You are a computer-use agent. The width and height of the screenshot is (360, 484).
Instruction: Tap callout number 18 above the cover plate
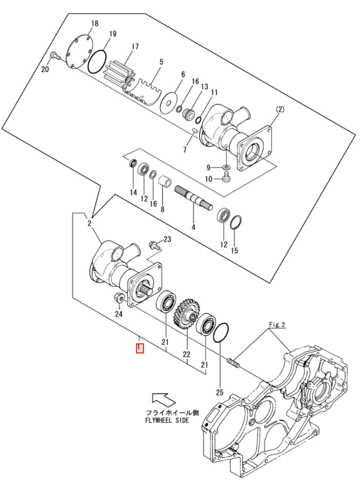[95, 23]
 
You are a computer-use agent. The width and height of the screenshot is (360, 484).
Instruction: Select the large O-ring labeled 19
[97, 62]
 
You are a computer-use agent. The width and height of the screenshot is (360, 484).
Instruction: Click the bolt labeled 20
[54, 56]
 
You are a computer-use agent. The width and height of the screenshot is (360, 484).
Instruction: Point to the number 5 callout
[161, 62]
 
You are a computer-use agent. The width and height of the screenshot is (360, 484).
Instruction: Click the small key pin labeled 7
[195, 131]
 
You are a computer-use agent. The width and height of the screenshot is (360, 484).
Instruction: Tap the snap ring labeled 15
[236, 223]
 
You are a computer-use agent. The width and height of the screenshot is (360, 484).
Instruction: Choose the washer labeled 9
[226, 167]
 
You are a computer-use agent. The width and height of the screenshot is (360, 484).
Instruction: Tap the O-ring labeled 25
[221, 332]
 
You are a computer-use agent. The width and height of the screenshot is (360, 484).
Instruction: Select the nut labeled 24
[118, 298]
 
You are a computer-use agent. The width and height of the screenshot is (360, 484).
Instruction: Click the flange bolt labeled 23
[154, 245]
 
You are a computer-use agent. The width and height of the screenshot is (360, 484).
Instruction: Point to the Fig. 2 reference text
[277, 325]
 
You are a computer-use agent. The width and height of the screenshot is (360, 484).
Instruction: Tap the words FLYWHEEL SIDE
[167, 420]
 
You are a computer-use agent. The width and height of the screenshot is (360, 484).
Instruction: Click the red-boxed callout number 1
[140, 348]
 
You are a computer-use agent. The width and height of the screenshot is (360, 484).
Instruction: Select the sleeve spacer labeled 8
[165, 182]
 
